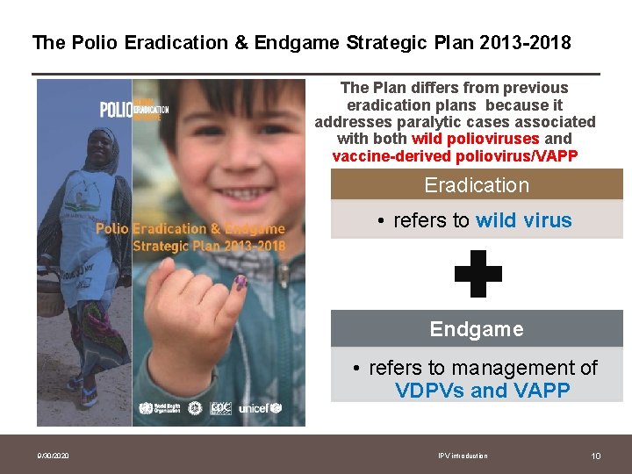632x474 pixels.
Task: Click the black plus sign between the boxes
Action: point(478,274)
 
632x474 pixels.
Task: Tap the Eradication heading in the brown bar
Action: point(477,185)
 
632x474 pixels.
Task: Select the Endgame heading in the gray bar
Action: point(477,329)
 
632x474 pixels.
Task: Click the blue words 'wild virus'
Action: point(523,220)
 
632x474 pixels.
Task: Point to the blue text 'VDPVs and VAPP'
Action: point(483,391)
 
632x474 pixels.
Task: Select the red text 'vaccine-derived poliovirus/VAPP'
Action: point(454,156)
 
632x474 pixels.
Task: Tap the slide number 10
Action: point(596,456)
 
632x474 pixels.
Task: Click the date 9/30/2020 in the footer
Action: point(53,456)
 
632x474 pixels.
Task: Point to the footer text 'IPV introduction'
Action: point(463,456)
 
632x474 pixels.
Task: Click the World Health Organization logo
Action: point(157,408)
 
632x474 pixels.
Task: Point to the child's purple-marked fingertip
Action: point(240,283)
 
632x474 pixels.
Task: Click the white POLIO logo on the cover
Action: point(116,110)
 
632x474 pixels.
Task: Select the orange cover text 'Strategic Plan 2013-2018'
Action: point(209,246)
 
